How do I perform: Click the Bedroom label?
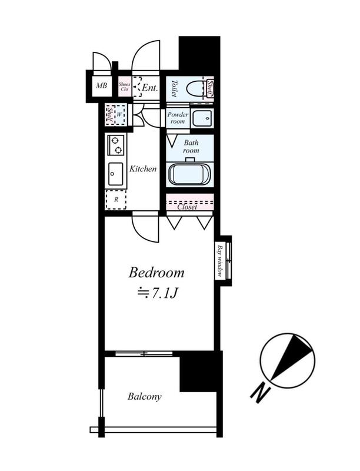point(156,273)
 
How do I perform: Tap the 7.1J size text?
point(158,293)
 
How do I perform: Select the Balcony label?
point(145,396)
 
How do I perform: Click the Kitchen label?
point(143,169)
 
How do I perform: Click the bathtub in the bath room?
point(191,174)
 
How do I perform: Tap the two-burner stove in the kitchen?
point(116,145)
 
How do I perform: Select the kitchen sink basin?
point(115,174)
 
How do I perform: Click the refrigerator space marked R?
point(116,200)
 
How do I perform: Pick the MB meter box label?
point(101,85)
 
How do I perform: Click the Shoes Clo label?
point(124,87)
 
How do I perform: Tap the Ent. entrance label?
point(149,88)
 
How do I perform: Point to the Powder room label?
point(178,118)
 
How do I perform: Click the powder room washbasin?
point(202,118)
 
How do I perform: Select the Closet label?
point(187,207)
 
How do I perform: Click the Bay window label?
point(220,261)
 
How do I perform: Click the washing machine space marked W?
point(119,114)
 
